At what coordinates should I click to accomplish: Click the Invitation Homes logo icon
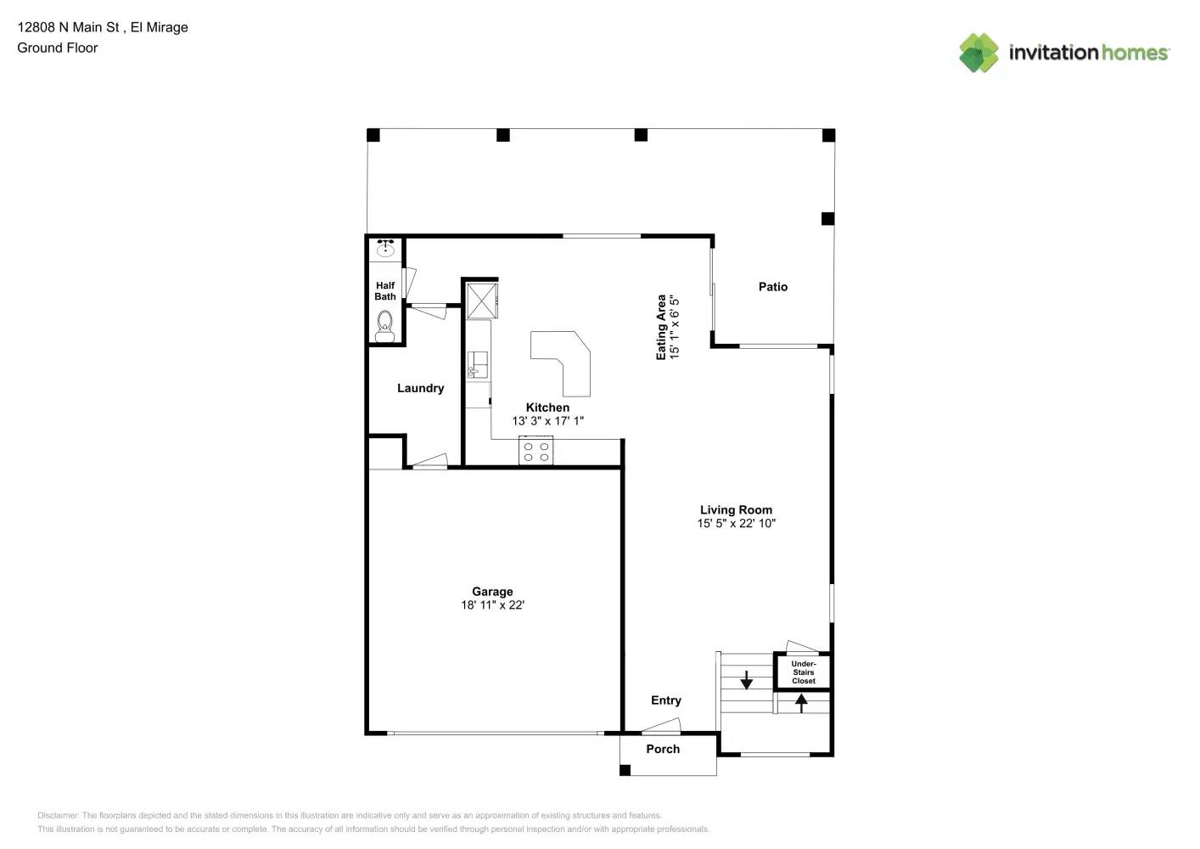[x=979, y=53]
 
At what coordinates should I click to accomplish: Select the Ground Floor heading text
[x=57, y=48]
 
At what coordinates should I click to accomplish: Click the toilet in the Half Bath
[x=384, y=325]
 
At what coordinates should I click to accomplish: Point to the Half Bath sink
[x=386, y=248]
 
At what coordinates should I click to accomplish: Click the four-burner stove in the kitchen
[x=536, y=451]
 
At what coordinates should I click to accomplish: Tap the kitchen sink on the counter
[x=476, y=364]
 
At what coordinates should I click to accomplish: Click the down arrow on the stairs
[x=747, y=680]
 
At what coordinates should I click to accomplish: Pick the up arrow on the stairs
[x=801, y=702]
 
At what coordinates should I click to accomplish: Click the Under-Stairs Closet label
[x=803, y=672]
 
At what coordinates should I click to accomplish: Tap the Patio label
[x=772, y=287]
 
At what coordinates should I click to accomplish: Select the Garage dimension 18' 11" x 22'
[x=492, y=605]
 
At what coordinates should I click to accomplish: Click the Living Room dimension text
[x=736, y=524]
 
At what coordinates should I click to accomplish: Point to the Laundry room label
[x=420, y=388]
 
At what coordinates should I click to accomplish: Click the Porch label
[x=663, y=749]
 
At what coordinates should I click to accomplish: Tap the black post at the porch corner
[x=625, y=770]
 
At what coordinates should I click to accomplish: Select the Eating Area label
[x=661, y=327]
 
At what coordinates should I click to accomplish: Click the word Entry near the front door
[x=665, y=700]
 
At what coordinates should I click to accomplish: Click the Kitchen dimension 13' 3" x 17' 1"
[x=547, y=421]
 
